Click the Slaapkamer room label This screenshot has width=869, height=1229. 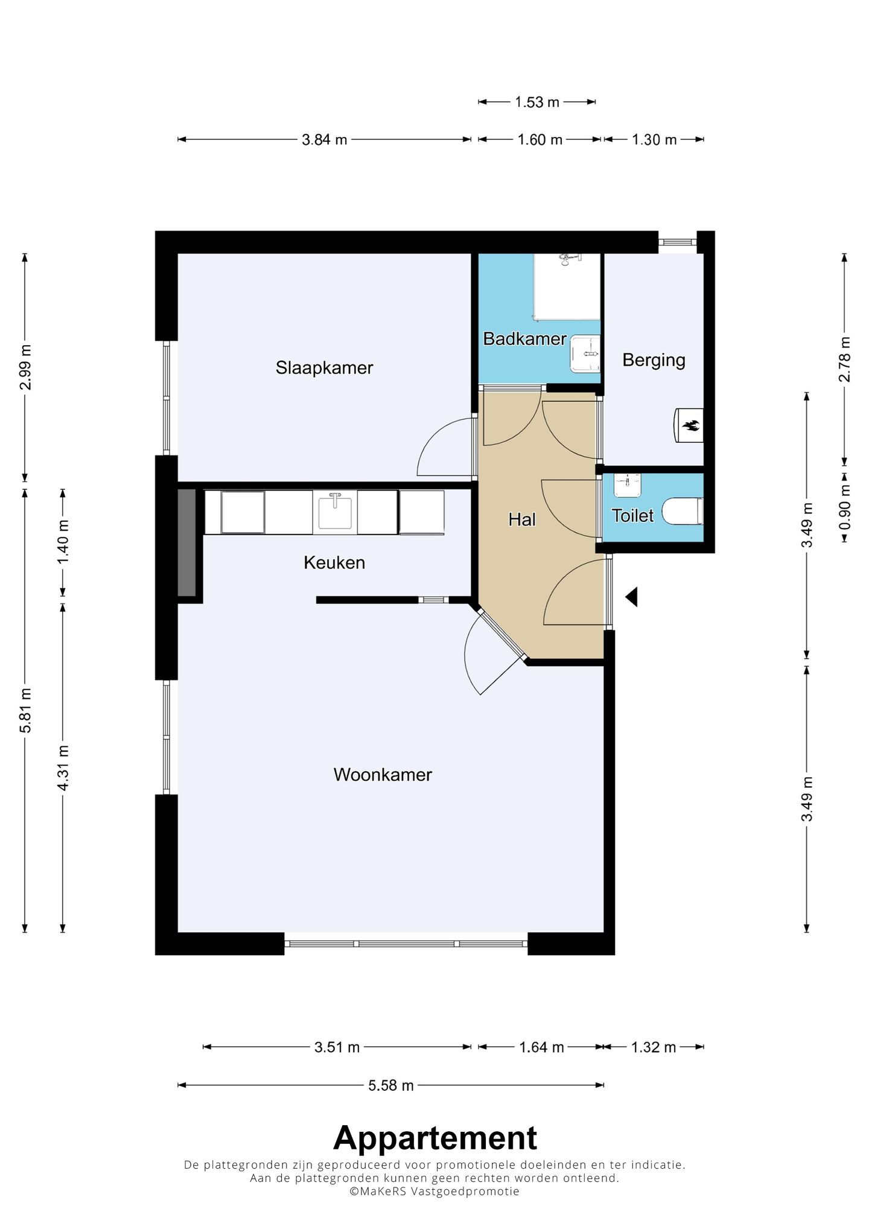click(324, 367)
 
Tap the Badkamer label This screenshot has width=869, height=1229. click(524, 338)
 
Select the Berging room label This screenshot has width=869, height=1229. click(654, 360)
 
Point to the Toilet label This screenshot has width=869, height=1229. click(632, 515)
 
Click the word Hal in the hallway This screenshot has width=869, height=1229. click(522, 519)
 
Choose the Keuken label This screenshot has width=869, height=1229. click(334, 562)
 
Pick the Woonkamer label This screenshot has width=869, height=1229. click(383, 775)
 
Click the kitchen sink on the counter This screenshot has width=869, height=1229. click(335, 512)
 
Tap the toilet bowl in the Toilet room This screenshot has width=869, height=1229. click(683, 511)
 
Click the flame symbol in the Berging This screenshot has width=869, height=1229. click(690, 426)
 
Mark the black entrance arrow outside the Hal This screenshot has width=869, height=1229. click(631, 597)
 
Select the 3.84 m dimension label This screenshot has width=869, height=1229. click(325, 140)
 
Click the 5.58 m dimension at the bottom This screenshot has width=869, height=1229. click(391, 1085)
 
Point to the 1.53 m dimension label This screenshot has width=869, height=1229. click(537, 103)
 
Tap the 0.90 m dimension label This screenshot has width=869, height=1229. click(845, 507)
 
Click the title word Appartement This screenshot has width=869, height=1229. click(435, 1138)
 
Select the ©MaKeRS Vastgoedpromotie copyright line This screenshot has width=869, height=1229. click(434, 1191)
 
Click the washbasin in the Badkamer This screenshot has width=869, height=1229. click(585, 355)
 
